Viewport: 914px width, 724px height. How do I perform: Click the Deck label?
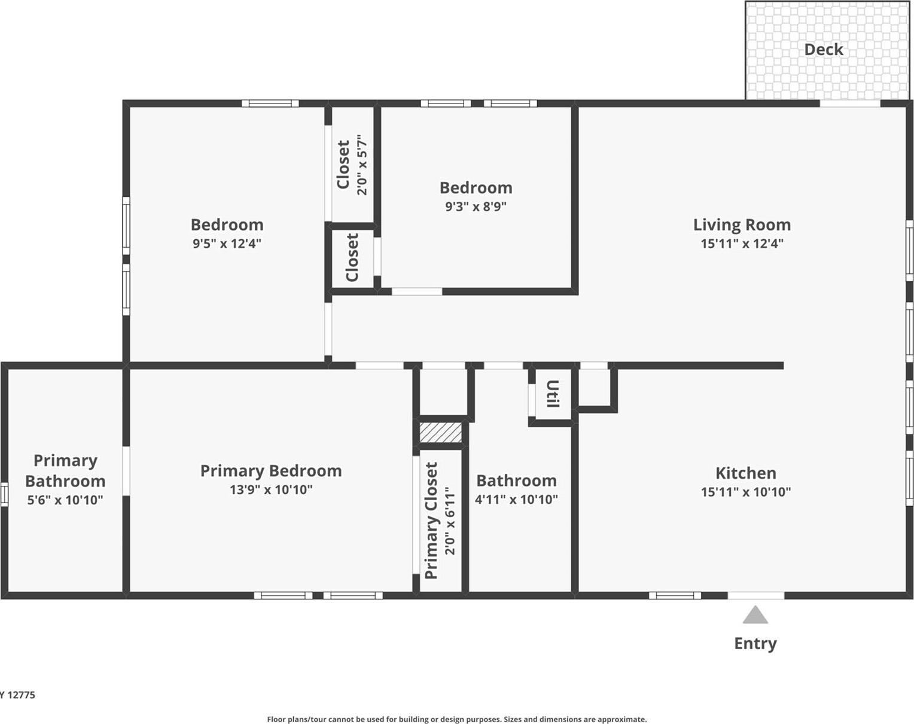[823, 50]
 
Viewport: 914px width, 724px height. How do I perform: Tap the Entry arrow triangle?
[755, 616]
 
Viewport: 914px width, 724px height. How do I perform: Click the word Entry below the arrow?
[755, 643]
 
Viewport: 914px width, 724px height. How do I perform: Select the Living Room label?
[742, 225]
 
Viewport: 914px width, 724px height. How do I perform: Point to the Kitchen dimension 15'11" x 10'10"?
[745, 492]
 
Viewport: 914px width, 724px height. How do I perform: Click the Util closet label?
[552, 394]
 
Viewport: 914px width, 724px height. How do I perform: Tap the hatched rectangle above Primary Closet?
[441, 433]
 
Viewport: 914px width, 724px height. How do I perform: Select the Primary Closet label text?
[431, 521]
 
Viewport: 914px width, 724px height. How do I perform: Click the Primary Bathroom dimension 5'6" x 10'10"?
[65, 500]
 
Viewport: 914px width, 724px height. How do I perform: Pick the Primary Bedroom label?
[270, 471]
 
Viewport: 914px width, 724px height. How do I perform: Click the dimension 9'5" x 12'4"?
[227, 244]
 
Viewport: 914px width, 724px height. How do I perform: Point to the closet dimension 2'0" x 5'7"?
[362, 165]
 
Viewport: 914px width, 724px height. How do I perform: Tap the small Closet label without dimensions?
[352, 258]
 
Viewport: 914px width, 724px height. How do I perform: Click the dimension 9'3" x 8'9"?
[476, 206]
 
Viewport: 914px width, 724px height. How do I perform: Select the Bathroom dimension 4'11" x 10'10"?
[516, 499]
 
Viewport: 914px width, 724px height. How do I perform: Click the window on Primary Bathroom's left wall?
[4, 495]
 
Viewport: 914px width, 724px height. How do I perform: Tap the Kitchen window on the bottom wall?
[675, 595]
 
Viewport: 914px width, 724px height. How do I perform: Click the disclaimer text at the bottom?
[456, 719]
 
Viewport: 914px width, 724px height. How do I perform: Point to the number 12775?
[21, 695]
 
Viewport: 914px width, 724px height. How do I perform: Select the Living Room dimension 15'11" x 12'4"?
[742, 244]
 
